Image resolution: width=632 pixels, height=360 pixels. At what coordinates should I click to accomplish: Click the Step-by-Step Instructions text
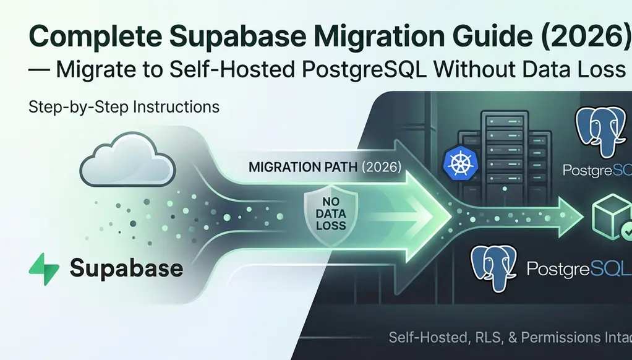coord(124,106)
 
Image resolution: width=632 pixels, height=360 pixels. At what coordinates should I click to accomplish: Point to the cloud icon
coord(127,160)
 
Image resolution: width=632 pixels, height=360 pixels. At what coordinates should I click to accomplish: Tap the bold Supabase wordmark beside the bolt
coord(126,268)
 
